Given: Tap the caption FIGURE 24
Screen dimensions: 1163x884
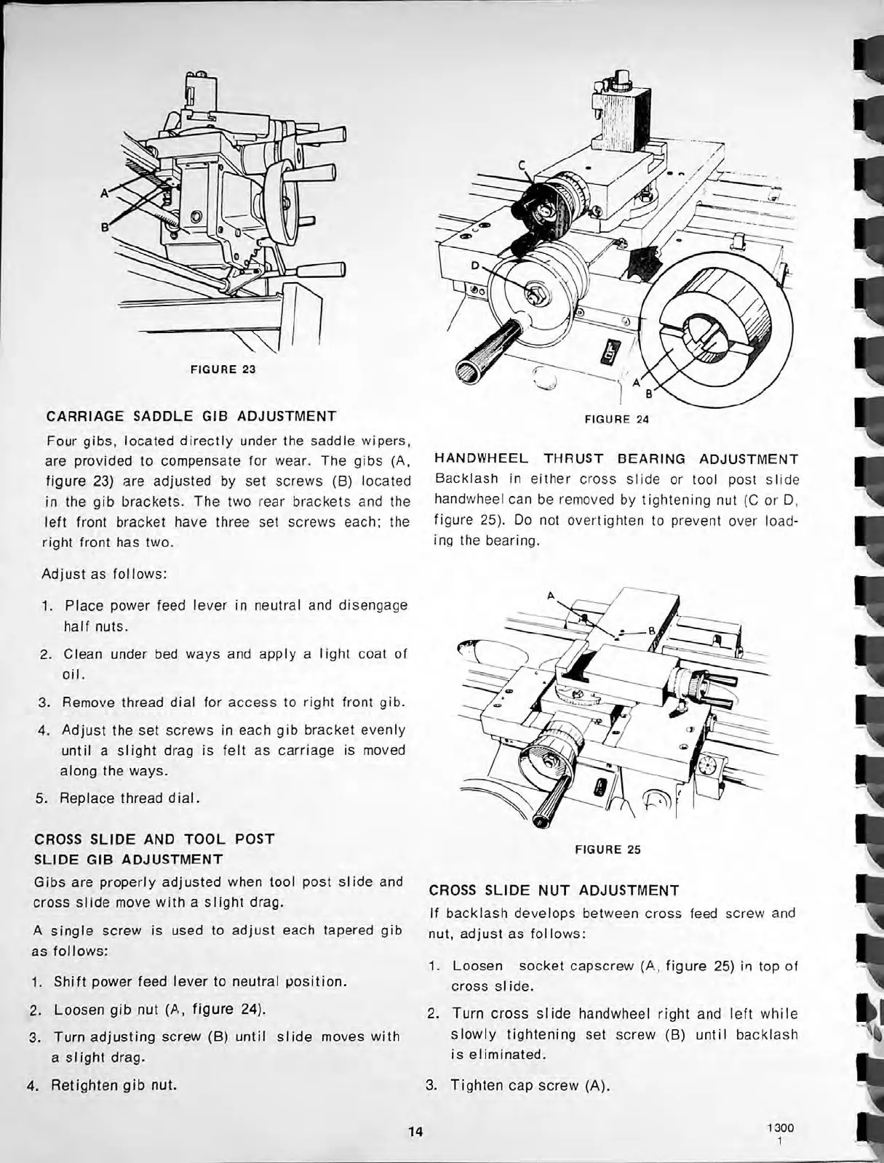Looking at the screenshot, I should pyautogui.click(x=616, y=419).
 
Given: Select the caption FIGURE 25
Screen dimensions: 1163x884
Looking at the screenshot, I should pyautogui.click(x=608, y=849).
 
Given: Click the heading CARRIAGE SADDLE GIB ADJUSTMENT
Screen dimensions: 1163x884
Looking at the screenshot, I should pyautogui.click(x=191, y=417).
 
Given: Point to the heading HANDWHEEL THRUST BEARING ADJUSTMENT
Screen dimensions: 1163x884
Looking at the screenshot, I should pyautogui.click(x=616, y=459).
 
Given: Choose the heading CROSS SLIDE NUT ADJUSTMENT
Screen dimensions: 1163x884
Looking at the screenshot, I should pyautogui.click(x=554, y=890).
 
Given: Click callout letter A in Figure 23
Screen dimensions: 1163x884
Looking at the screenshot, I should pyautogui.click(x=105, y=193).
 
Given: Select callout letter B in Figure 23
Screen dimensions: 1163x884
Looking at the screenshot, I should pyautogui.click(x=104, y=225).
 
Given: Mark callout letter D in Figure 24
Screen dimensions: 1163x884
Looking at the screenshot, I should pyautogui.click(x=476, y=265).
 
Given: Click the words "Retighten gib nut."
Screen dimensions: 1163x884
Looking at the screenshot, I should pyautogui.click(x=115, y=1086).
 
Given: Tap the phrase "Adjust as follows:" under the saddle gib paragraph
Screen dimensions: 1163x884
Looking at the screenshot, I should pyautogui.click(x=105, y=573).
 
